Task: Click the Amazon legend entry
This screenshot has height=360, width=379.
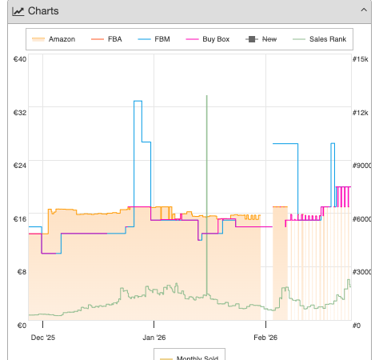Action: [x=54, y=39]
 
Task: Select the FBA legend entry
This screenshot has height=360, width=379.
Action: [x=106, y=39]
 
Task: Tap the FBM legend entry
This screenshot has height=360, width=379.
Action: [x=154, y=39]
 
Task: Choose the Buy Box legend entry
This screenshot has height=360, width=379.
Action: [x=207, y=39]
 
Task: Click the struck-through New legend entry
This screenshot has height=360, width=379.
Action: [x=261, y=39]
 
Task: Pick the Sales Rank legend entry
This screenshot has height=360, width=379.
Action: [x=319, y=39]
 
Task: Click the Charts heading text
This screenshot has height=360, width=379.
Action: [x=43, y=11]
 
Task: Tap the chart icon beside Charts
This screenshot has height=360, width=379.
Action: [x=18, y=11]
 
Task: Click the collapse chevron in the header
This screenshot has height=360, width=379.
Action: [x=364, y=10]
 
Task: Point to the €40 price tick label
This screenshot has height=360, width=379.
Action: [x=20, y=59]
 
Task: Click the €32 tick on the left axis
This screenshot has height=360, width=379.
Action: [x=20, y=113]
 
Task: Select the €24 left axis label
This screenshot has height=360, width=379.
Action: [x=20, y=166]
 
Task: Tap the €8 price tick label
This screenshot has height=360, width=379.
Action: [x=22, y=272]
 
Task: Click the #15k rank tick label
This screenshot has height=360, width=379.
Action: [x=361, y=59]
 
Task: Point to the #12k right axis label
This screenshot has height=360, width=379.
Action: [x=361, y=113]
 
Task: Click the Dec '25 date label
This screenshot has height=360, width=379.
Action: [x=43, y=338]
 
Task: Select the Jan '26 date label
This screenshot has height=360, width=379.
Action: [x=154, y=338]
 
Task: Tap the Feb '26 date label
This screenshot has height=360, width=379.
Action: [x=265, y=338]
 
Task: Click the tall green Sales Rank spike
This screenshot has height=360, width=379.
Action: [x=206, y=194]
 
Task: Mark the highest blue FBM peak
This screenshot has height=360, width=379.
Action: [x=138, y=101]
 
